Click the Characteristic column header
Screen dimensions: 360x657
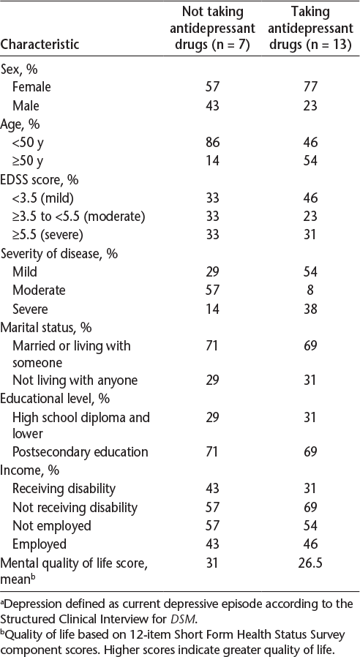click(40, 44)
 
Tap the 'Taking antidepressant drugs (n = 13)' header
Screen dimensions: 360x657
click(310, 28)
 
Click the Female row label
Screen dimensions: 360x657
click(32, 87)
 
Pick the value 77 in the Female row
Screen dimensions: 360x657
click(310, 87)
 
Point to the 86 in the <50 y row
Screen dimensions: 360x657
click(212, 143)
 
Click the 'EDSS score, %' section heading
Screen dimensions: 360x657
click(40, 179)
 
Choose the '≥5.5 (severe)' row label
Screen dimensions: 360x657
click(48, 235)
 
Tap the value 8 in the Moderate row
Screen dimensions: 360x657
click(310, 290)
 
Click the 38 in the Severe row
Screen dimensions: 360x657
click(310, 309)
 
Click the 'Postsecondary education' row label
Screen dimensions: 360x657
click(80, 452)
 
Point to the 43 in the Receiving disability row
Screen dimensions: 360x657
click(212, 489)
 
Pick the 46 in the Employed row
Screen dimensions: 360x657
click(310, 544)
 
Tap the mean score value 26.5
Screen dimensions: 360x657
click(310, 563)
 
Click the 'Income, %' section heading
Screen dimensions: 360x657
click(30, 470)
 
